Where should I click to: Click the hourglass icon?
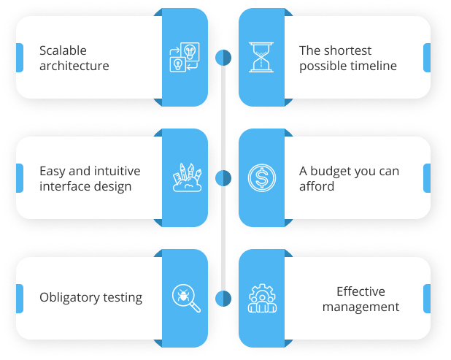261,57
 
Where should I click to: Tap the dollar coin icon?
262,177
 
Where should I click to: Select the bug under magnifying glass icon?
186,298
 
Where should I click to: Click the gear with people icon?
262,298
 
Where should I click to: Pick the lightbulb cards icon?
185,57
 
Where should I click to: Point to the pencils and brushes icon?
187,177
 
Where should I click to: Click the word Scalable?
63,50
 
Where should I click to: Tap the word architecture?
74,66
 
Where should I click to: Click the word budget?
331,172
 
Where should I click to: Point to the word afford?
317,186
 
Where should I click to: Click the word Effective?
361,291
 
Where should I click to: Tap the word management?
361,307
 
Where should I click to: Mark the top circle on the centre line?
223,58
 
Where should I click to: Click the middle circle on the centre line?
223,178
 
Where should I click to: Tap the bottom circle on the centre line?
223,299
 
